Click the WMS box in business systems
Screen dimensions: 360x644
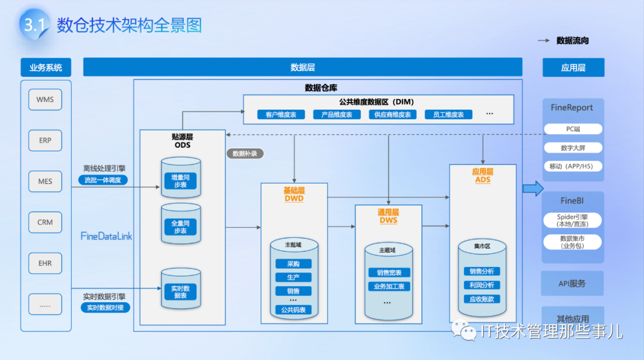(45, 100)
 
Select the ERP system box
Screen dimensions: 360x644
(45, 141)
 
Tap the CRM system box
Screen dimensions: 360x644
(45, 222)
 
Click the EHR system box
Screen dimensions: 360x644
(45, 263)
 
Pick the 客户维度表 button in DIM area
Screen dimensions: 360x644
(281, 114)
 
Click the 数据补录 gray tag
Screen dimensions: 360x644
(244, 153)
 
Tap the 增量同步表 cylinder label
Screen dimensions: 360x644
(180, 181)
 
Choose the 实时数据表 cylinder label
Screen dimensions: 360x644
(180, 291)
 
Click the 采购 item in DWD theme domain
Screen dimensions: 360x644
(293, 264)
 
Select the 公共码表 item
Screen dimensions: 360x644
(293, 310)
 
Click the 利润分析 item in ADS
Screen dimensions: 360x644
(481, 285)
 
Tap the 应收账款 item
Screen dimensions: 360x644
(481, 299)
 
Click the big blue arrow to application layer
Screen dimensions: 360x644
(532, 189)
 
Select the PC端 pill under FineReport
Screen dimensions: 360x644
(573, 129)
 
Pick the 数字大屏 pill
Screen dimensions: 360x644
(573, 148)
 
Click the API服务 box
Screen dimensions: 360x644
(572, 284)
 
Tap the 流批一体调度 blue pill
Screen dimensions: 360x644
(103, 180)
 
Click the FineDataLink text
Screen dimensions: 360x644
(106, 236)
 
